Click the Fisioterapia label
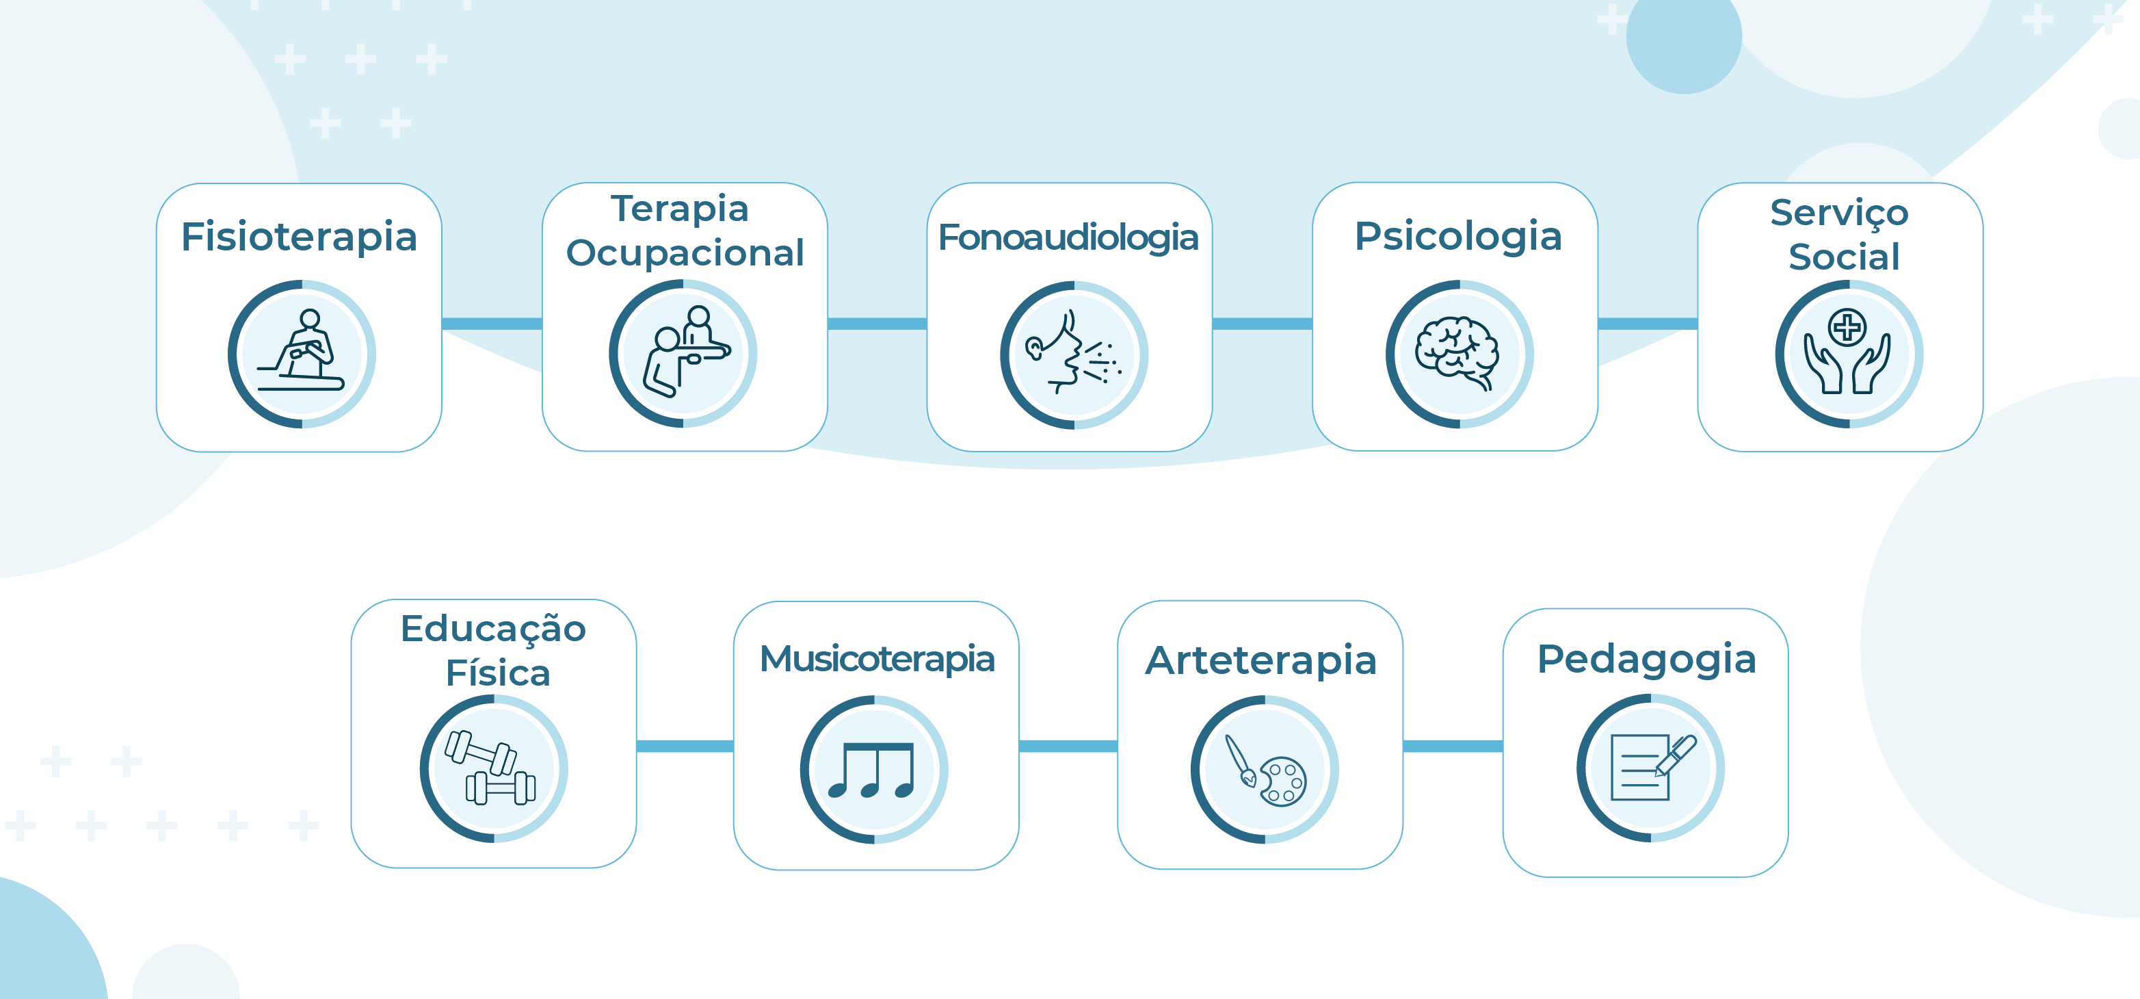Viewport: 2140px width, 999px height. pyautogui.click(x=299, y=237)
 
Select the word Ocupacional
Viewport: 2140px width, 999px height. pyautogui.click(x=685, y=253)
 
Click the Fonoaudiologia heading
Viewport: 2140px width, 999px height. pyautogui.click(x=1068, y=237)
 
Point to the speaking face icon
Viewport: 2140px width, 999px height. pyautogui.click(x=1072, y=352)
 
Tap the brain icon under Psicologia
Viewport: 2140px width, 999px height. pyautogui.click(x=1457, y=352)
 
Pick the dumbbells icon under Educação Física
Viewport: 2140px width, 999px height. pyautogui.click(x=491, y=767)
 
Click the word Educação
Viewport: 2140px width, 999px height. pyautogui.click(x=494, y=627)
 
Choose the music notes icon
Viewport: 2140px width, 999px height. pyautogui.click(x=871, y=770)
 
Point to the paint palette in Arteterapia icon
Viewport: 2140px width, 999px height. pyautogui.click(x=1284, y=781)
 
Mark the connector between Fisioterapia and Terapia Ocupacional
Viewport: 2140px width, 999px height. pyautogui.click(x=492, y=323)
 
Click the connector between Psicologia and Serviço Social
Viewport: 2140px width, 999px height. pyautogui.click(x=1648, y=323)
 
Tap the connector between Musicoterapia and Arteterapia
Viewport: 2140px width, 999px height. pyautogui.click(x=1068, y=747)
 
